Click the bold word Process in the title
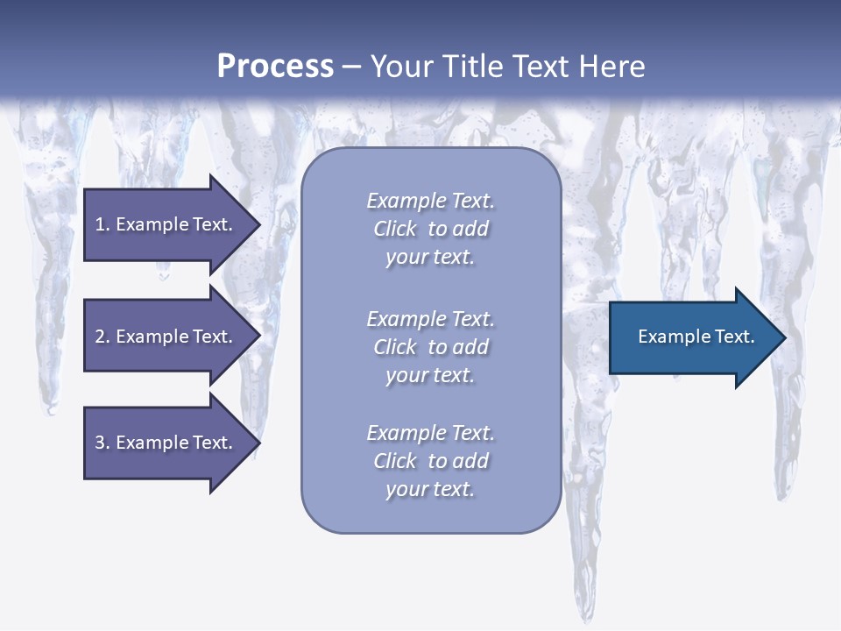click(x=275, y=67)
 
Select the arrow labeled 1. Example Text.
click(x=166, y=224)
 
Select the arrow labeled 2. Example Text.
click(x=166, y=337)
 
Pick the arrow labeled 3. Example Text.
click(x=166, y=443)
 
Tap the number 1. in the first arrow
click(x=102, y=224)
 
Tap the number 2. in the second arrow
click(x=102, y=337)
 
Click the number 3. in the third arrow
click(x=102, y=443)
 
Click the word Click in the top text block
click(x=395, y=229)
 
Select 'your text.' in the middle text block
click(x=430, y=375)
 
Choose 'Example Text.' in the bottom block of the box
click(x=430, y=433)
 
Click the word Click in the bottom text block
click(x=395, y=461)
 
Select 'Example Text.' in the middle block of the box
click(x=430, y=319)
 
